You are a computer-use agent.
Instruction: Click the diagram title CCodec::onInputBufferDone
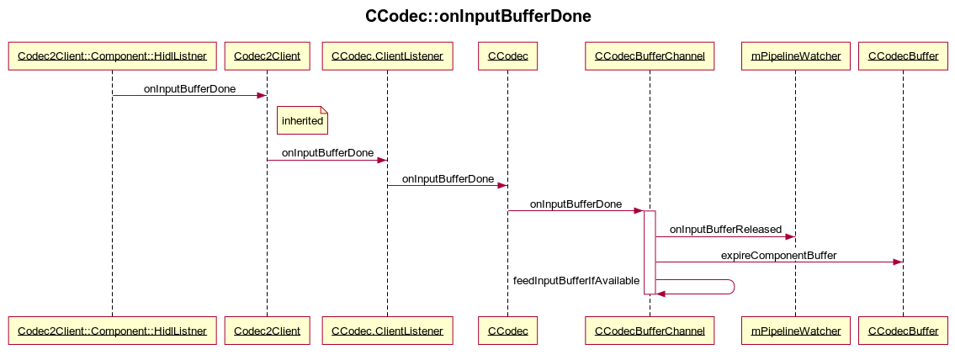(477, 16)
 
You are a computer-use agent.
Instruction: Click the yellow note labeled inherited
(302, 121)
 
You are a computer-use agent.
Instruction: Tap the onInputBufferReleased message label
(725, 230)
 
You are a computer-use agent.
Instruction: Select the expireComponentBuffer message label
(778, 255)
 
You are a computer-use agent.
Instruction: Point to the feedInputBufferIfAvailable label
(576, 280)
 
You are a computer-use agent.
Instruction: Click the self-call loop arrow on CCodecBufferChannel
(733, 287)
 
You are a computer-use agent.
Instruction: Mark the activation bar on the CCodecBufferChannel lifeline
(650, 252)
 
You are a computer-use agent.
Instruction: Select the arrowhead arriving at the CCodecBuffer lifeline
(897, 262)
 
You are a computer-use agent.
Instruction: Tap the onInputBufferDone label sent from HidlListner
(189, 88)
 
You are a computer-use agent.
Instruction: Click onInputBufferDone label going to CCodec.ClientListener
(327, 153)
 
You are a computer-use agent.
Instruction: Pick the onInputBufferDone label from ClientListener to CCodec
(448, 179)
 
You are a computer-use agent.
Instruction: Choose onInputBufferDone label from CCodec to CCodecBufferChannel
(576, 204)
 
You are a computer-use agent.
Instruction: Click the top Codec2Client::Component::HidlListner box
(112, 56)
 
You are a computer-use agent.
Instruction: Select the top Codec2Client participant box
(267, 56)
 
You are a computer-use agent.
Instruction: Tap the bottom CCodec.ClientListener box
(387, 331)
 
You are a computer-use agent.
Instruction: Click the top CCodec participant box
(507, 56)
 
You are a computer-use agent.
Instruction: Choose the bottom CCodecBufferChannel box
(650, 331)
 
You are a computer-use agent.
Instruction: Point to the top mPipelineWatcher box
(795, 56)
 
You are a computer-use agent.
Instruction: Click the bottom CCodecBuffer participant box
(903, 331)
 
